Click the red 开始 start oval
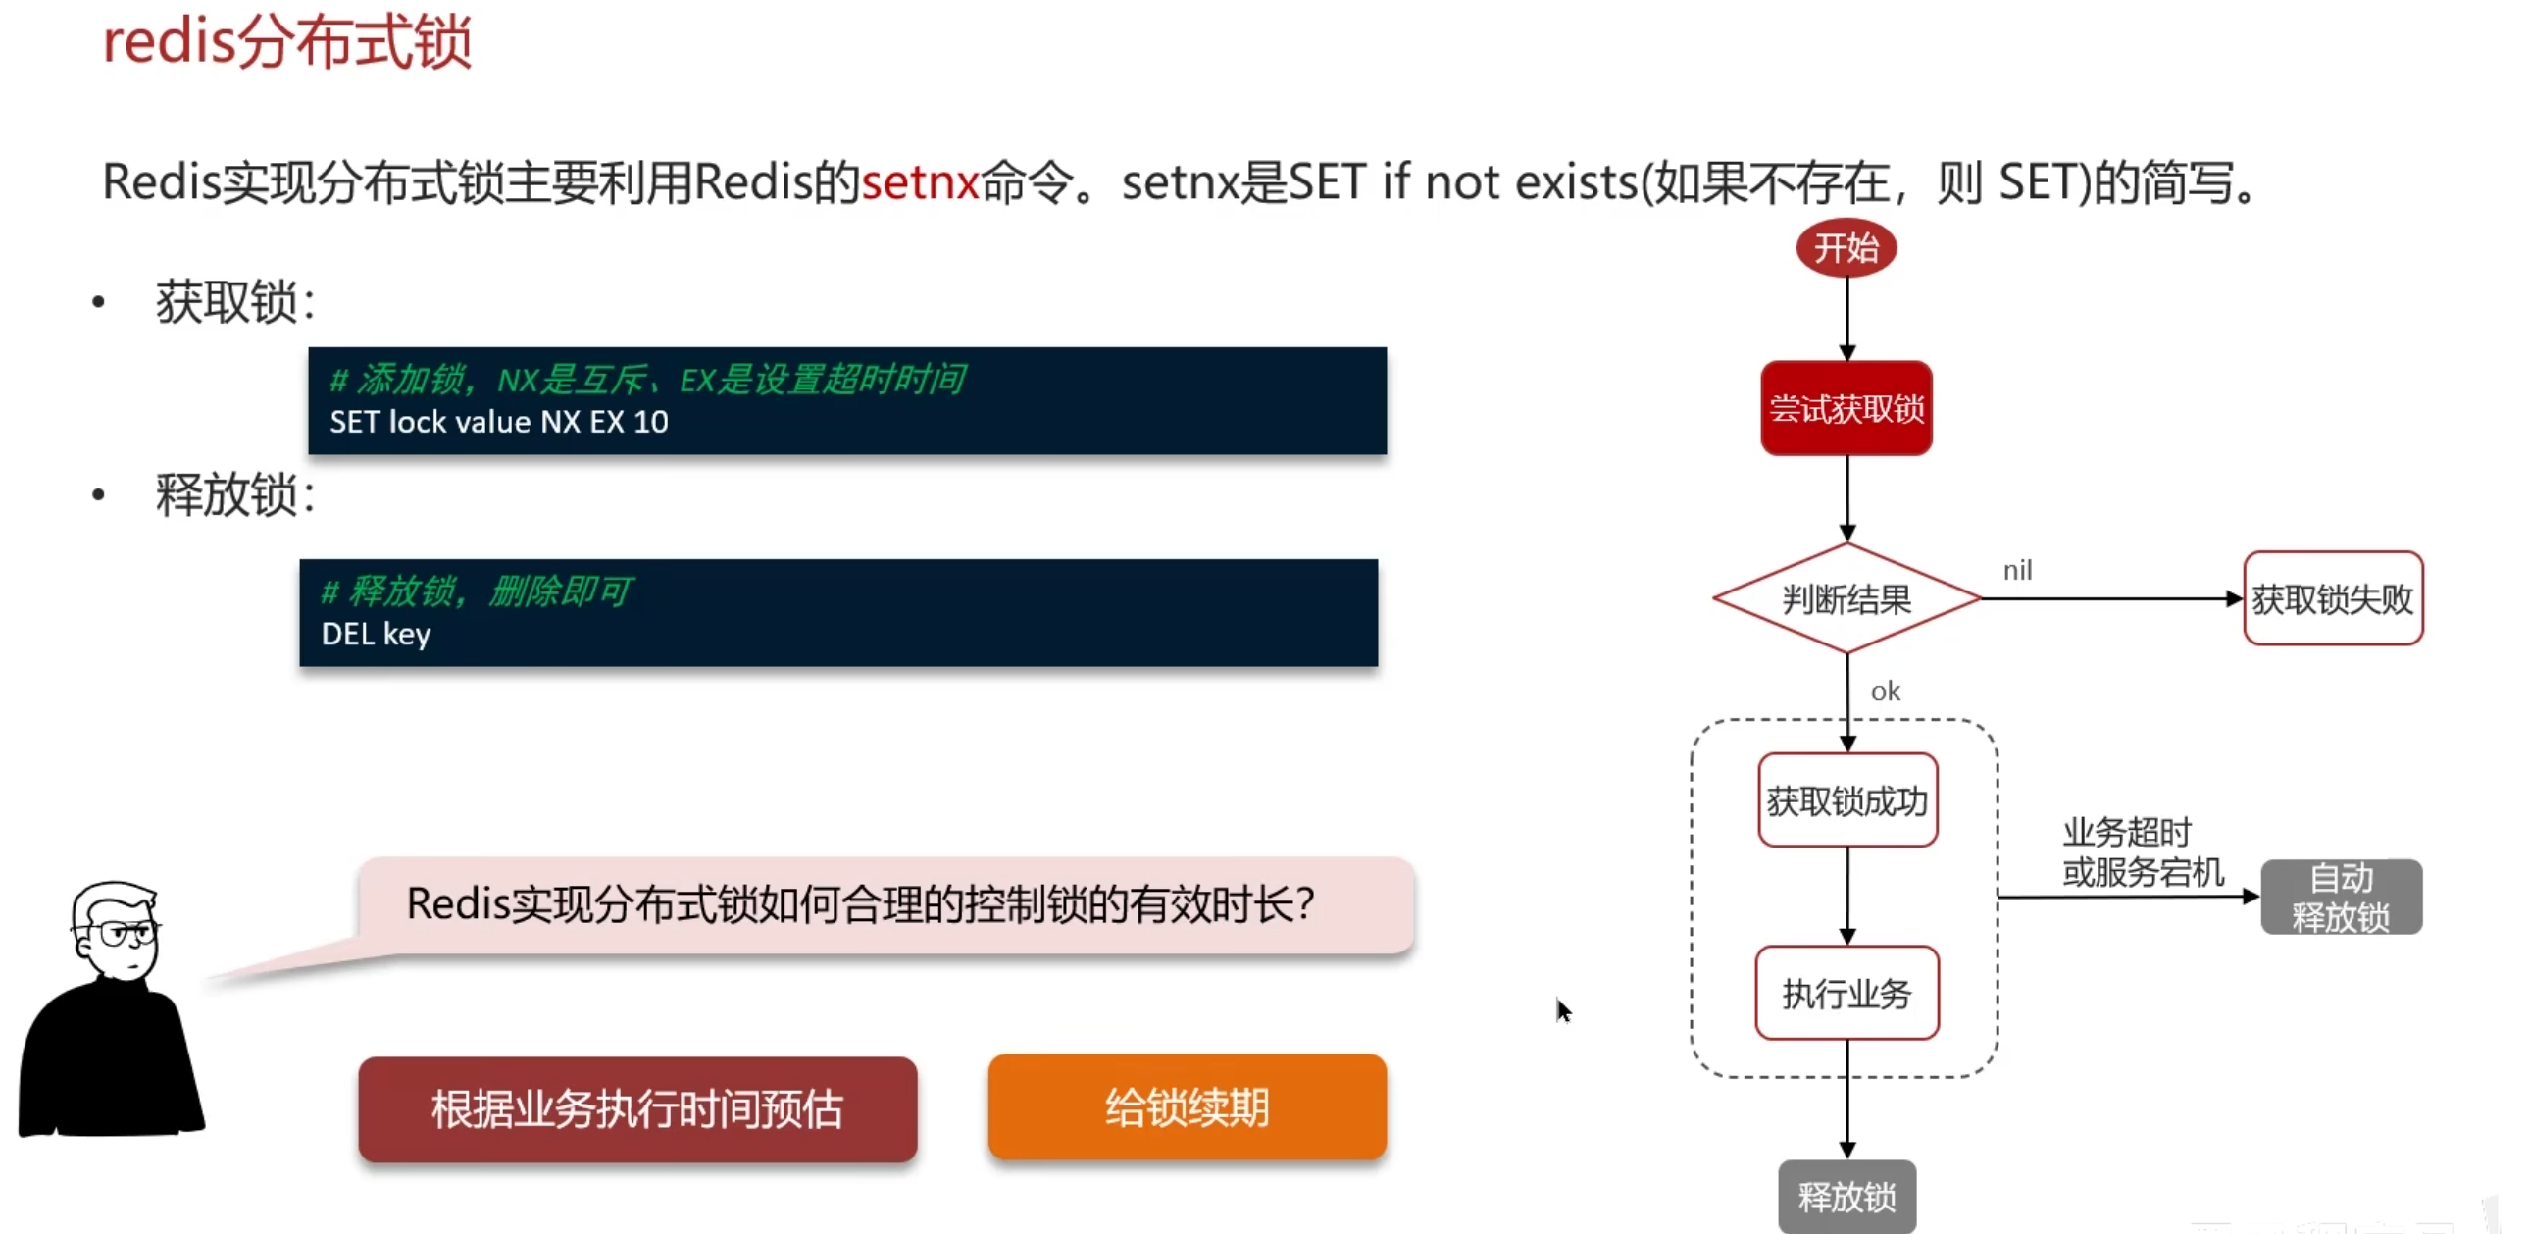[x=1846, y=247]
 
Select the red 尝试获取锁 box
[x=1846, y=408]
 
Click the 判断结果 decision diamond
[x=1846, y=598]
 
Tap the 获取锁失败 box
[x=2333, y=598]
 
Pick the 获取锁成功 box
[x=1846, y=801]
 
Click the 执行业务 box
[x=1846, y=994]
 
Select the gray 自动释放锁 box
[x=2341, y=898]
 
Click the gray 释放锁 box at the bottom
[x=1846, y=1197]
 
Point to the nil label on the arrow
[x=2017, y=570]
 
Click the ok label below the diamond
[x=1885, y=693]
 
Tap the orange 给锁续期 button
[x=1187, y=1108]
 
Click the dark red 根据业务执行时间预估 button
[x=637, y=1109]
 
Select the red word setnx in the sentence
[x=920, y=182]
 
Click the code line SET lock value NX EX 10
[x=499, y=422]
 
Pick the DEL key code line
[x=376, y=635]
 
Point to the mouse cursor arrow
[x=1562, y=1008]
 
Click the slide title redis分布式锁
[x=286, y=43]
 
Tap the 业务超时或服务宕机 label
[x=2142, y=852]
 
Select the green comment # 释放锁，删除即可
[x=478, y=591]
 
